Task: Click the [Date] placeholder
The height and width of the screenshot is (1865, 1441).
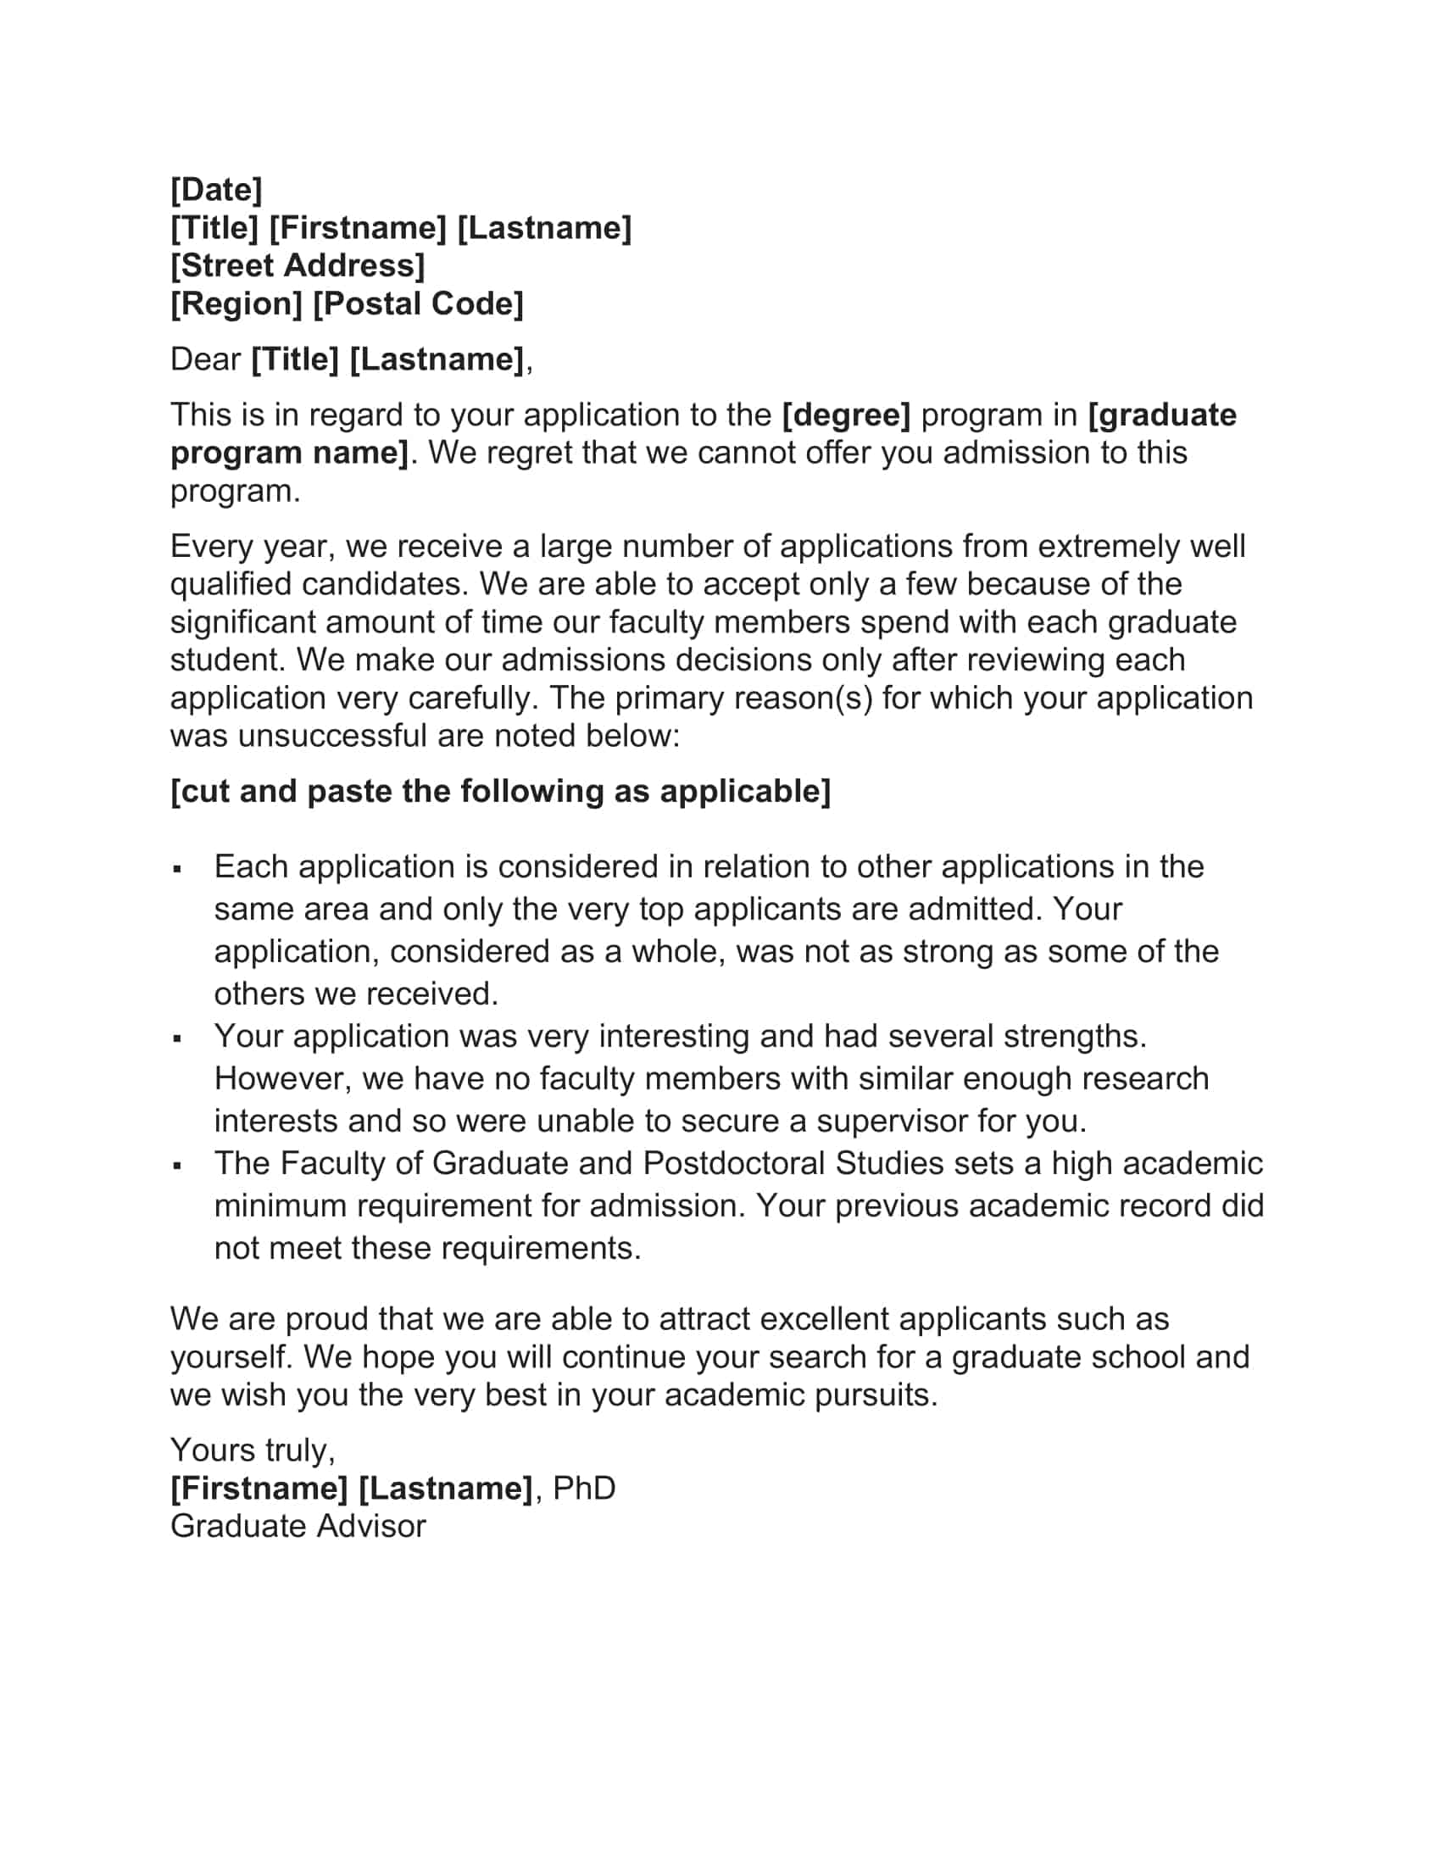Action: click(x=216, y=190)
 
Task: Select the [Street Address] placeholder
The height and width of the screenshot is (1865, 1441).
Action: click(x=297, y=265)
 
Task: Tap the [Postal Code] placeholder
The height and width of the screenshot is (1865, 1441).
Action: click(x=418, y=304)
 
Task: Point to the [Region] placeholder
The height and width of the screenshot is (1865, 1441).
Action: click(x=236, y=304)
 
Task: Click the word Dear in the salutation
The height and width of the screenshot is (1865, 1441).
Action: click(x=205, y=359)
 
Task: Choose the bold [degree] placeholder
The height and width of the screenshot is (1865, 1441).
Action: click(x=846, y=415)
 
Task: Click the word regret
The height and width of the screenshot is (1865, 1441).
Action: click(x=524, y=453)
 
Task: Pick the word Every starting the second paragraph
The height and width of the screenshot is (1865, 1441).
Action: click(x=209, y=547)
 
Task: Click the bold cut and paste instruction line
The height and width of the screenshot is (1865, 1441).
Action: click(x=500, y=792)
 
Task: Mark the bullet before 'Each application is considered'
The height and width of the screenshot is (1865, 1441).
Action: click(x=177, y=869)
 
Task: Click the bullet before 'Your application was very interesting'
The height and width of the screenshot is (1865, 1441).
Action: click(x=177, y=1039)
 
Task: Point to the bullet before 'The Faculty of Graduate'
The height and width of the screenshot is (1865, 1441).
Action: click(x=177, y=1166)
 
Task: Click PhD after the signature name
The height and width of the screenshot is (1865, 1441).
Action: click(x=584, y=1489)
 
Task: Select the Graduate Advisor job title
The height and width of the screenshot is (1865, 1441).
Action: click(x=298, y=1526)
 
